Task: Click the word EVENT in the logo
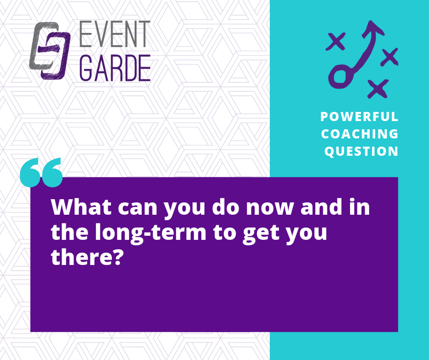(x=115, y=34)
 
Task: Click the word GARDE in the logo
(x=115, y=68)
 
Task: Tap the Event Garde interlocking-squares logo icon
(x=50, y=51)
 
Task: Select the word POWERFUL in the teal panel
(x=359, y=116)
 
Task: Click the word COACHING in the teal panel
(x=360, y=134)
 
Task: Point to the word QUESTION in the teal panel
(x=361, y=152)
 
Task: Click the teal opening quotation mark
(x=42, y=173)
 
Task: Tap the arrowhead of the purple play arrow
(x=373, y=28)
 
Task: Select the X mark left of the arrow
(x=336, y=42)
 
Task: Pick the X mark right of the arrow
(x=389, y=57)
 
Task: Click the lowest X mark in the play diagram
(x=378, y=89)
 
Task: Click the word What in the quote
(x=81, y=207)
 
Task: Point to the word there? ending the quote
(x=86, y=257)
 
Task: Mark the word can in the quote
(x=138, y=208)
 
